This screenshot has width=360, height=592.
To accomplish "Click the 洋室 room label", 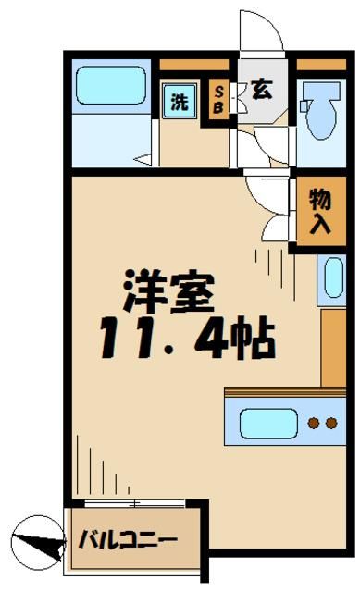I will coord(170,292).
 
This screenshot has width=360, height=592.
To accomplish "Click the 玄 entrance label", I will coord(262,91).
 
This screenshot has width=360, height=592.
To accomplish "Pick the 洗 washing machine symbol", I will coord(179,102).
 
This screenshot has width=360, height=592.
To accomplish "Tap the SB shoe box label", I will coord(219,97).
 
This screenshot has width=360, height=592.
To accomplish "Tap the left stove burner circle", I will coord(313,425).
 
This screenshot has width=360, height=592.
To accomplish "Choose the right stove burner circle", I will coord(330,425).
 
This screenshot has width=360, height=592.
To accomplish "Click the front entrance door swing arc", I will coord(264,32).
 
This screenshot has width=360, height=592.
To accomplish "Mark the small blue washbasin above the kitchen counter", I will coord(330,277).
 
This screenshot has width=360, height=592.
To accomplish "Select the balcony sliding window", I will coord(134,503).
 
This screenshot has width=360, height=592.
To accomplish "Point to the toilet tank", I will coord(322,92).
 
